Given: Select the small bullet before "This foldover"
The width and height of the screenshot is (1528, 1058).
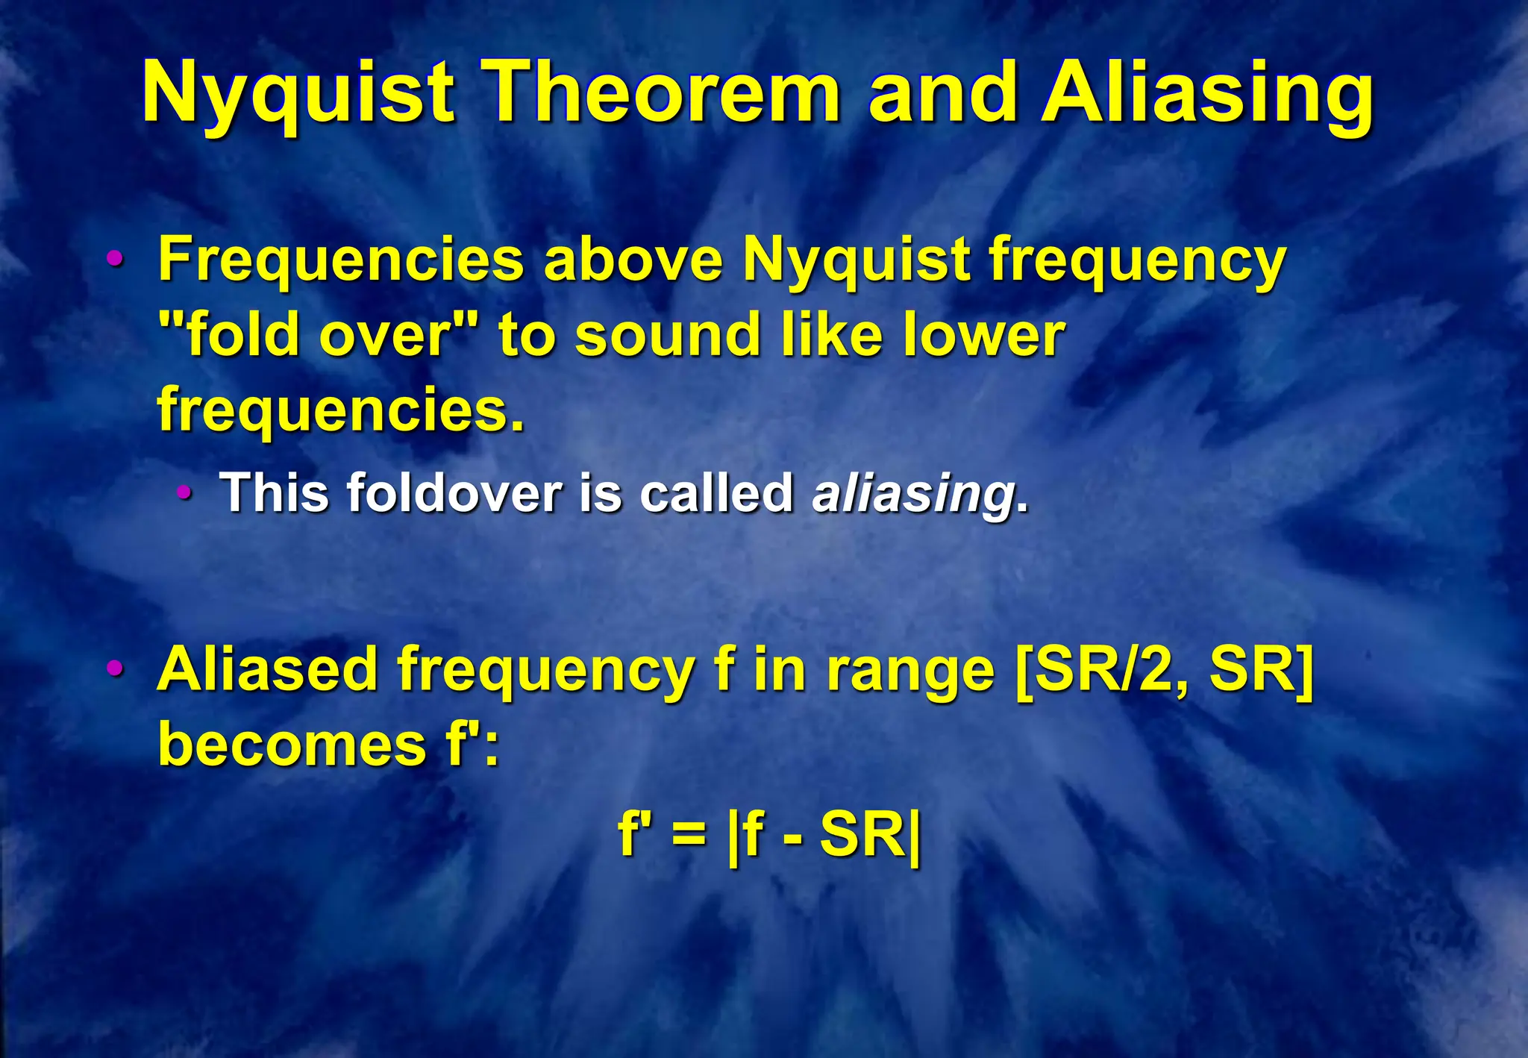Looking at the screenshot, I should pos(184,493).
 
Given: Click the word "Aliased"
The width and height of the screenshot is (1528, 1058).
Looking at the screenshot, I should pos(268,669).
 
